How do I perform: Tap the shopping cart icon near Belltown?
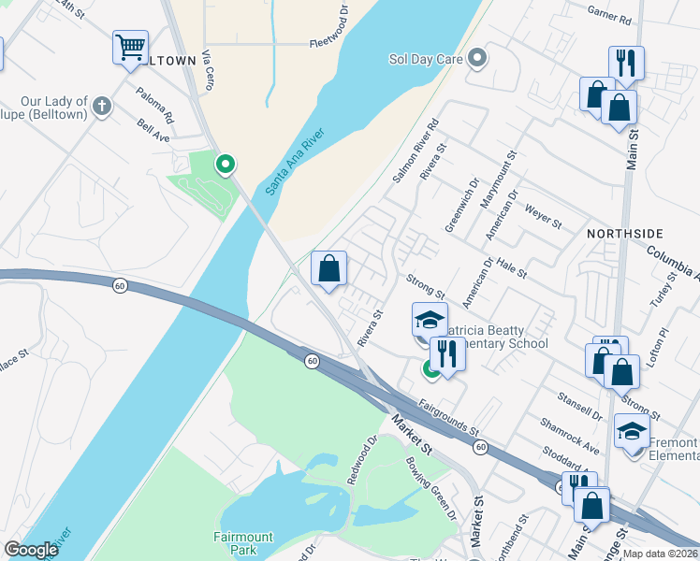tap(130, 47)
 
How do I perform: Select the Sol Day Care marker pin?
tap(478, 59)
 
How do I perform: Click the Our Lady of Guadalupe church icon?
tap(102, 107)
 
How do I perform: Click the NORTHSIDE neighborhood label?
tap(624, 232)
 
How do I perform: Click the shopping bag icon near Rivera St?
tap(328, 268)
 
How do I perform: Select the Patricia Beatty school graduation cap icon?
tap(430, 321)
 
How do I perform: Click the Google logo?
tap(31, 549)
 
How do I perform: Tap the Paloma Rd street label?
tap(155, 106)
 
